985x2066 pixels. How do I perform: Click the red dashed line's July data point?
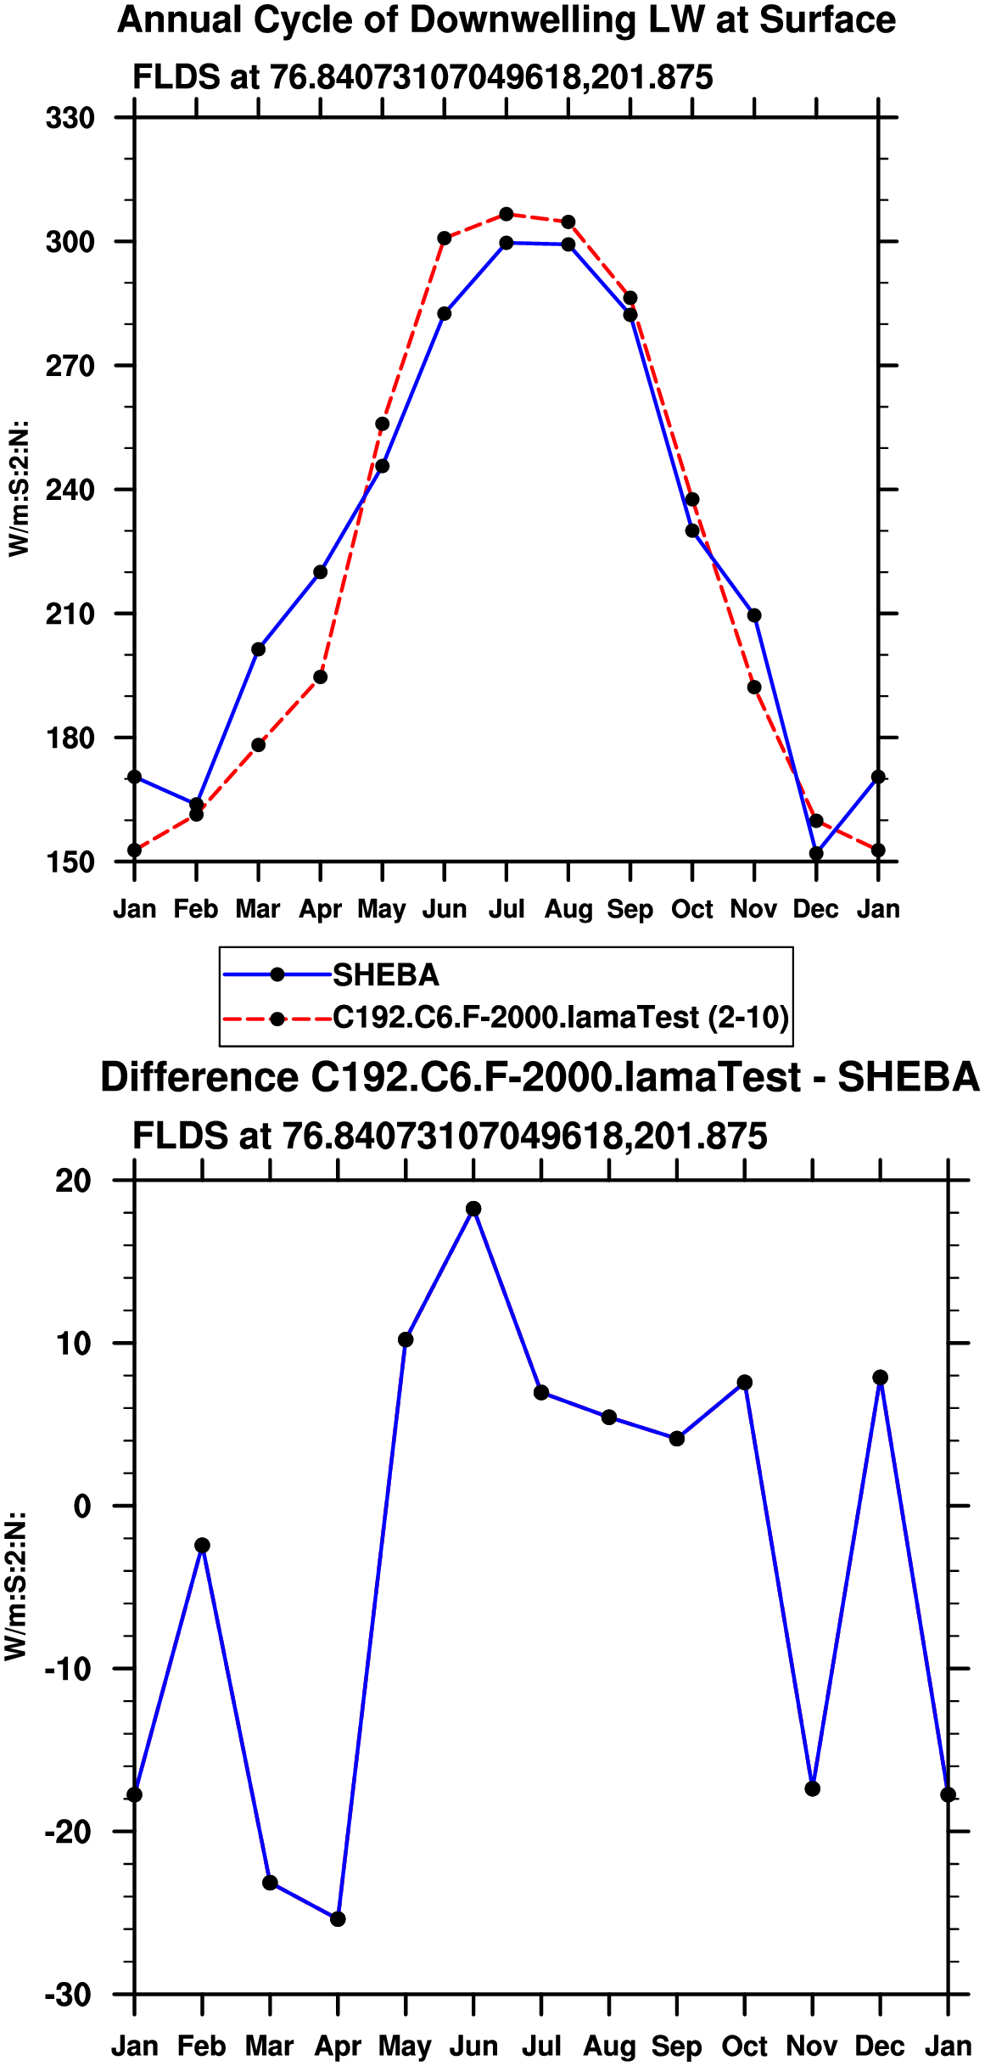[506, 214]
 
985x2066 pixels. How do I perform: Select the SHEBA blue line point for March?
[259, 649]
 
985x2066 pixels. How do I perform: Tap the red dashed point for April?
[321, 677]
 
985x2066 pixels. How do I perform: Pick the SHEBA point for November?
[754, 615]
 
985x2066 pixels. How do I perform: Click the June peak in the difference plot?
[473, 1209]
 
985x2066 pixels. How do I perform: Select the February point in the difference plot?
[202, 1546]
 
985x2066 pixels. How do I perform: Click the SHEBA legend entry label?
[386, 975]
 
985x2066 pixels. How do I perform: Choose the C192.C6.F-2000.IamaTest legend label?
[561, 1017]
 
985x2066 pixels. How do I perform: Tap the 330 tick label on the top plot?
[70, 117]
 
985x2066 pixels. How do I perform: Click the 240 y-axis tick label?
[70, 490]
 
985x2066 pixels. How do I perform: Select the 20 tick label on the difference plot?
[73, 1181]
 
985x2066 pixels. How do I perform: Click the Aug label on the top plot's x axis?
[568, 909]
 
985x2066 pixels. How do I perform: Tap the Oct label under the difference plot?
[745, 2046]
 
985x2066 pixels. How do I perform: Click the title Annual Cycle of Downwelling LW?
[506, 20]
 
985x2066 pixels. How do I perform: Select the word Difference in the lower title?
[199, 1077]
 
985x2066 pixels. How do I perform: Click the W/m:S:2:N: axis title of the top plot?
[19, 489]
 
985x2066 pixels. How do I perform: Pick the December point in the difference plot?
[881, 1378]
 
